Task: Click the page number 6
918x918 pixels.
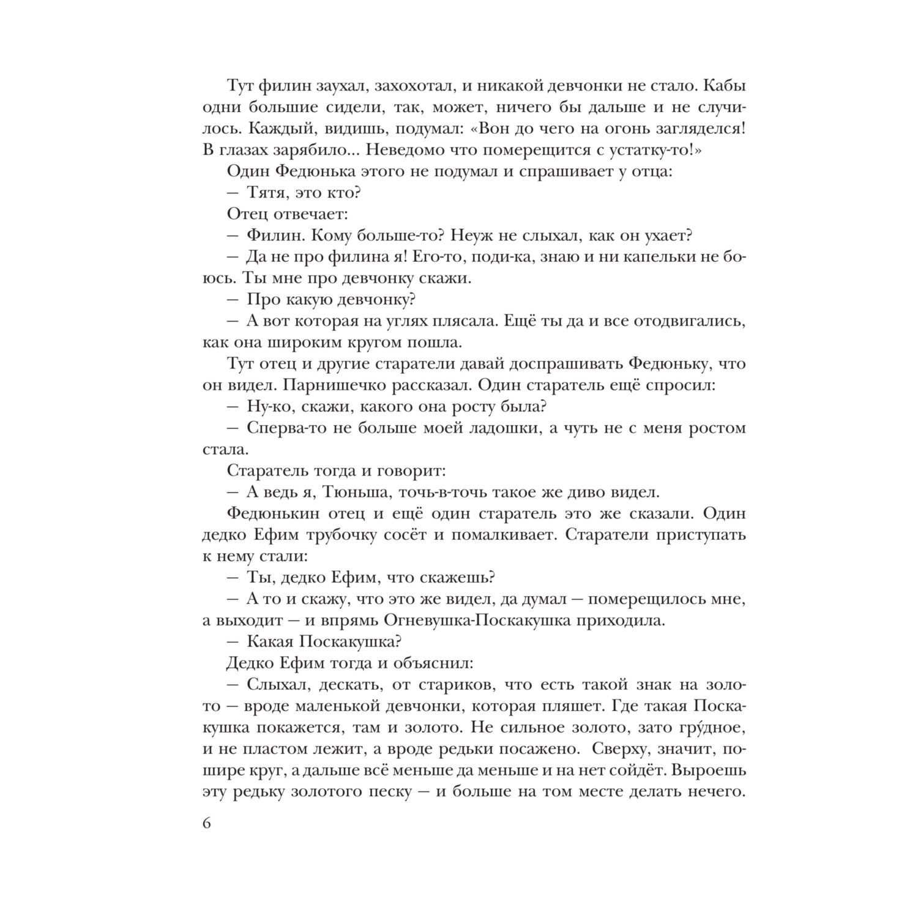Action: (x=206, y=823)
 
